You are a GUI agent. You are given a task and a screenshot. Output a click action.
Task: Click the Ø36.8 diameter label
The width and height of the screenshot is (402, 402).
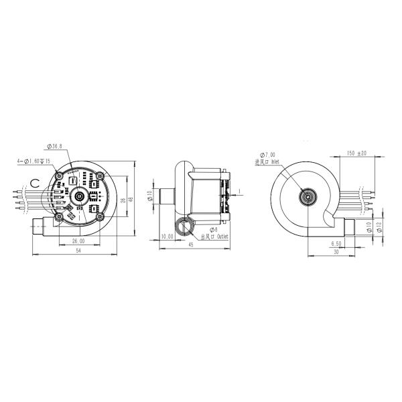coord(56,146)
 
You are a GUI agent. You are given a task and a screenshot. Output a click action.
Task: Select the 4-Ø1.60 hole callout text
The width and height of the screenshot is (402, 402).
coord(31,161)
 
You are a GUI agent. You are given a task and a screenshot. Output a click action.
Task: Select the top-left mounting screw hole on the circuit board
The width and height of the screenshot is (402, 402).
coord(60,176)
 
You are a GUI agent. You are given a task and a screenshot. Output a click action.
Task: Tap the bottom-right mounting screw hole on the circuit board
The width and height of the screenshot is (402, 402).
coord(99,216)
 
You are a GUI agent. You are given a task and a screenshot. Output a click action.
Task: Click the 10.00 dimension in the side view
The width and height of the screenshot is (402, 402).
coord(167,237)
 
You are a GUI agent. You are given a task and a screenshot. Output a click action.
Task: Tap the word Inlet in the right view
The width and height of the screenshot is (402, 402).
coord(275,161)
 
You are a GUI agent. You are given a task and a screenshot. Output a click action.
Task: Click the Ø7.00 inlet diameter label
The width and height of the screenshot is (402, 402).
coord(266,154)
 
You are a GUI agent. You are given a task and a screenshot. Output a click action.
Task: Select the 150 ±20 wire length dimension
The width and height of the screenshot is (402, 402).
coord(356,153)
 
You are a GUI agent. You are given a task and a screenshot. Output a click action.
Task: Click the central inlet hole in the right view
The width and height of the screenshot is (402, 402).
coord(308,197)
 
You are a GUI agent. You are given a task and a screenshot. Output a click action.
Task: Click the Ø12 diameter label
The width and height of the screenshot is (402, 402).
coord(379,228)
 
